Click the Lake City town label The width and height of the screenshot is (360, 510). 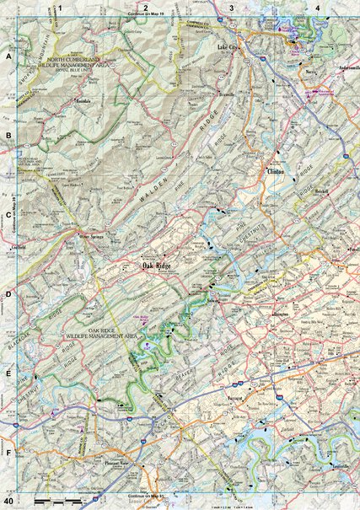click(228, 49)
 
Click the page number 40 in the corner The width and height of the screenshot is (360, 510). click(8, 503)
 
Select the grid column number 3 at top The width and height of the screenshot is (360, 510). click(232, 8)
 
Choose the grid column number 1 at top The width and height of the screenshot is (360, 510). click(61, 8)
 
